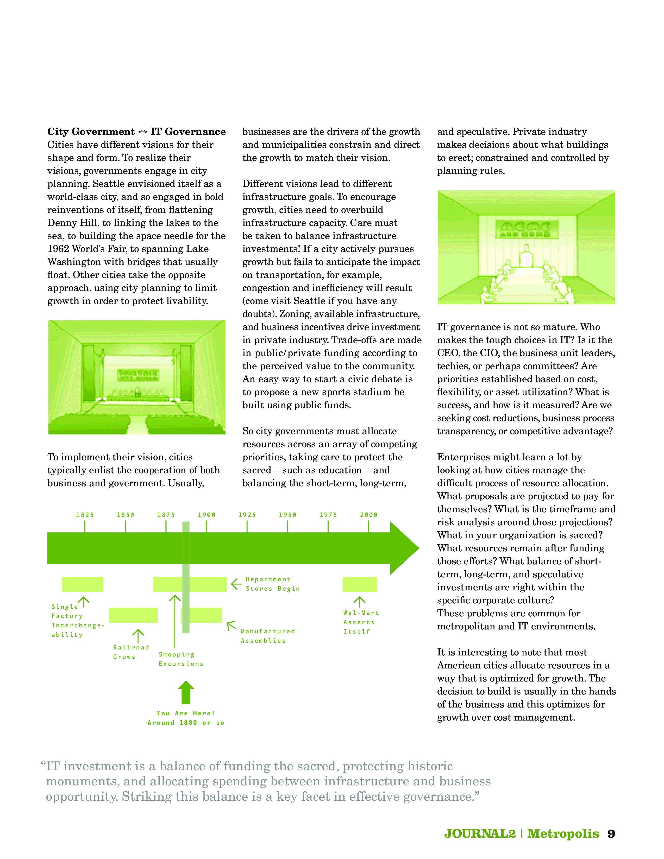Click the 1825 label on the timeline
pos(85,515)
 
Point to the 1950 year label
pos(287,515)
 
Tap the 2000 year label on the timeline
pos(368,515)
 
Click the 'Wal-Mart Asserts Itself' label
pos(361,622)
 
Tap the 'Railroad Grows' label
pos(131,652)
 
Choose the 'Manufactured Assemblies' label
pos(267,636)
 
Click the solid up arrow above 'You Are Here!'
pos(186,693)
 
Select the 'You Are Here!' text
pos(186,713)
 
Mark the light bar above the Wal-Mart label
pos(360,584)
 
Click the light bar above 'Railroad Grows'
pos(133,615)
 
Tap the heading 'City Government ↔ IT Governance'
pos(136,132)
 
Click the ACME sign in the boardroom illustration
pos(524,229)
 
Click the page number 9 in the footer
pos(611,834)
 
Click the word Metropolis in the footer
pos(563,834)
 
